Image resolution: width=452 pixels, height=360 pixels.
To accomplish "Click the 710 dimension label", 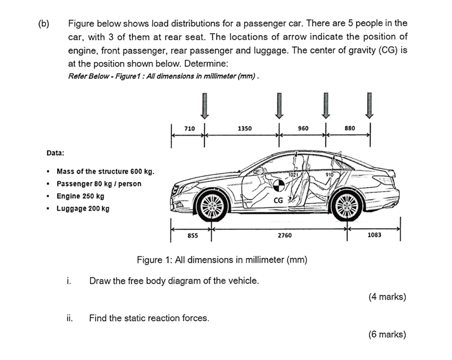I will coord(189,128).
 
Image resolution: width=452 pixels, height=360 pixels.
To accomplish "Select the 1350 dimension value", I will coord(245,128).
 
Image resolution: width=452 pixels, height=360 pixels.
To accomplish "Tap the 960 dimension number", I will coord(303,128).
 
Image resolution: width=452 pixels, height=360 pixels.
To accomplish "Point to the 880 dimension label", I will coord(350,128).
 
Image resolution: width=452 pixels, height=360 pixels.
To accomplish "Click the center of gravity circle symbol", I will coord(278,185).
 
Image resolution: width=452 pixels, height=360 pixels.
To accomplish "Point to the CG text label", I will coord(278,200).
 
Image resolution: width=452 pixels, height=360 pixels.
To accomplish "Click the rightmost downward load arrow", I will coord(370,106).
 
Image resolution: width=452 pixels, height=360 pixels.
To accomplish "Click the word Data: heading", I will coord(55,153).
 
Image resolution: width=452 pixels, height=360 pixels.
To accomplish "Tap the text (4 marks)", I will coord(387,297).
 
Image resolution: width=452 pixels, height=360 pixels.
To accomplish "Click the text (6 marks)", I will coord(387,334).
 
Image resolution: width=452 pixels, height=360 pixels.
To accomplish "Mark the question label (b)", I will coord(43,23).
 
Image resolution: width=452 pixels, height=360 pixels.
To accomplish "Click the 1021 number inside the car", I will coord(295,174).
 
